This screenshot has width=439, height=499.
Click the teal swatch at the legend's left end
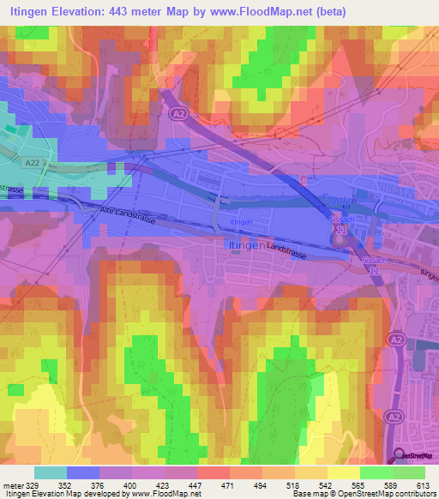pos(51,472)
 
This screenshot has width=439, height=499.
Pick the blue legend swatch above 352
pos(83,472)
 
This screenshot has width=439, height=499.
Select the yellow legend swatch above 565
pos(344,472)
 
